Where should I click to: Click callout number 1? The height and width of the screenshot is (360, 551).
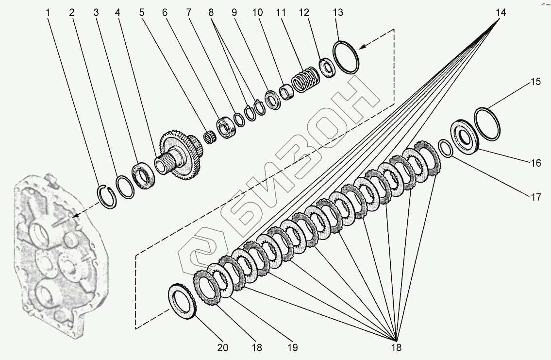coord(48,13)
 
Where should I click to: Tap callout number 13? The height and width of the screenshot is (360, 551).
coord(338,13)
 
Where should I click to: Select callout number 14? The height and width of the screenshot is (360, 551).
coord(501,13)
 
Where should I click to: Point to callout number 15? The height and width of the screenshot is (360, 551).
coord(535,82)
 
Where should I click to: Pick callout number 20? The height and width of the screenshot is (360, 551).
coord(222,347)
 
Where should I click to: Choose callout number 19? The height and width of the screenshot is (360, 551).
coord(292,347)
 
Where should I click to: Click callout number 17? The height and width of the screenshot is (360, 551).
coord(535,197)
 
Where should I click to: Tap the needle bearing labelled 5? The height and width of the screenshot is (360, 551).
coord(210,137)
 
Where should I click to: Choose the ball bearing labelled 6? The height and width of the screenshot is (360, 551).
coord(227,127)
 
